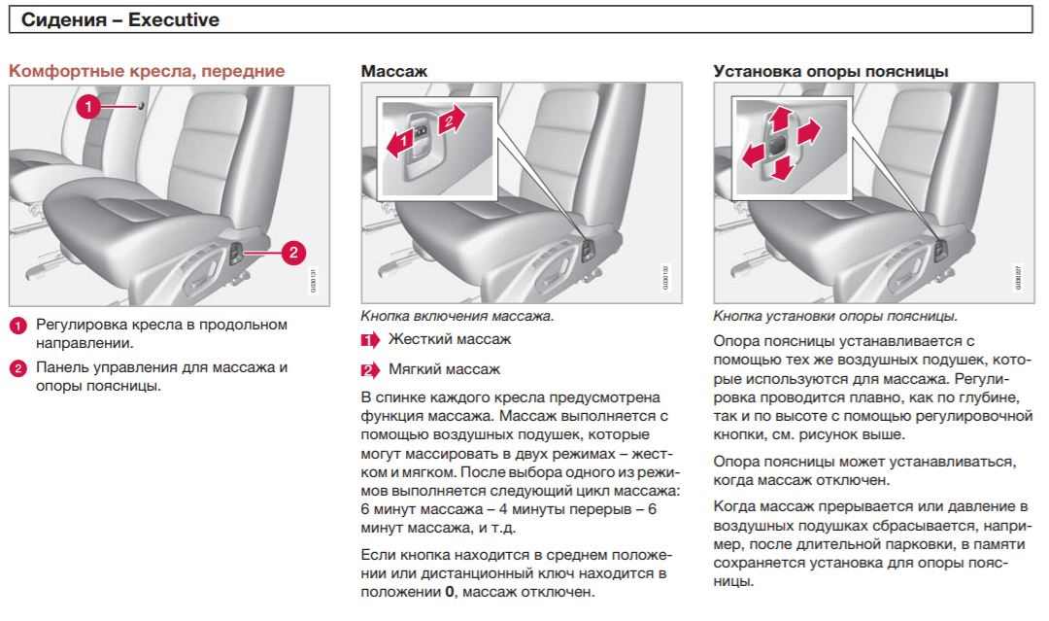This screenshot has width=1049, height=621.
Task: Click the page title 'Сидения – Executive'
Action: point(120,19)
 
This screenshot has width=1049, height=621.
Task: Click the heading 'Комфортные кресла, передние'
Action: point(147,71)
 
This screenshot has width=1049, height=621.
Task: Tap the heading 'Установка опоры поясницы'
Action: point(830,71)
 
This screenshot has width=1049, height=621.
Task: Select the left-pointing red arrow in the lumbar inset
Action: point(753,155)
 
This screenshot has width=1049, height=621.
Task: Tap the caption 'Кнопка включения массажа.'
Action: point(457,317)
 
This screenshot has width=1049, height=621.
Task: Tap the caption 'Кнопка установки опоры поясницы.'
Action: point(835,317)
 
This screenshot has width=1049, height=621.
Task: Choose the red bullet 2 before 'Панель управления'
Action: point(17,368)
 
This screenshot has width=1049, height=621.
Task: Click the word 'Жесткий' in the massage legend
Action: point(418,339)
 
